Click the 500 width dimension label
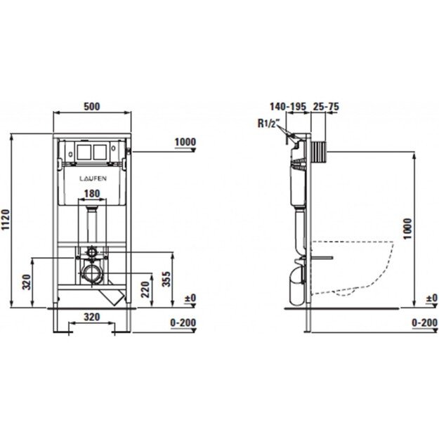[92, 106]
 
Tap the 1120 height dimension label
[6, 220]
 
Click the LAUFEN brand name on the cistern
[93, 178]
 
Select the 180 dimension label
[92, 193]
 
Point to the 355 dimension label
[166, 279]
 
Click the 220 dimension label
[145, 289]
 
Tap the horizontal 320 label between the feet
[92, 317]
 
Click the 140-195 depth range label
[288, 106]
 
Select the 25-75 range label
[326, 106]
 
